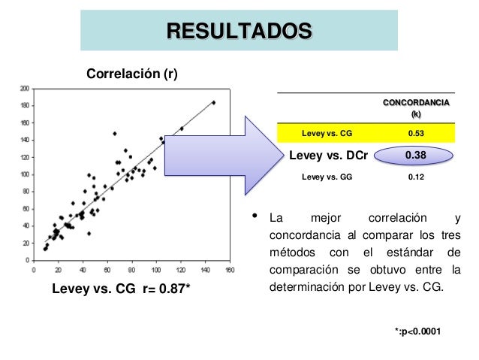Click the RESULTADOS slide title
[239, 31]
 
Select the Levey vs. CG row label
[327, 134]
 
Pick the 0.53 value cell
[416, 134]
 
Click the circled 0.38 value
[416, 156]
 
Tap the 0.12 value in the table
[416, 178]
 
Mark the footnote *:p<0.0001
[417, 329]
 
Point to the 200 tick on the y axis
[25, 88]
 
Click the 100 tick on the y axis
[25, 174]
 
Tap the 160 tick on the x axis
[230, 268]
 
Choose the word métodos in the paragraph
[291, 251]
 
